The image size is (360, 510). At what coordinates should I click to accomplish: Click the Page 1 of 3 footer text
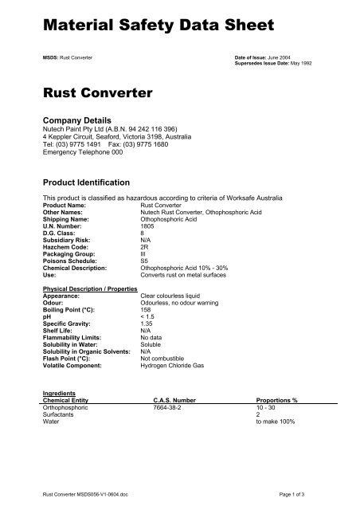[x=300, y=496]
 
